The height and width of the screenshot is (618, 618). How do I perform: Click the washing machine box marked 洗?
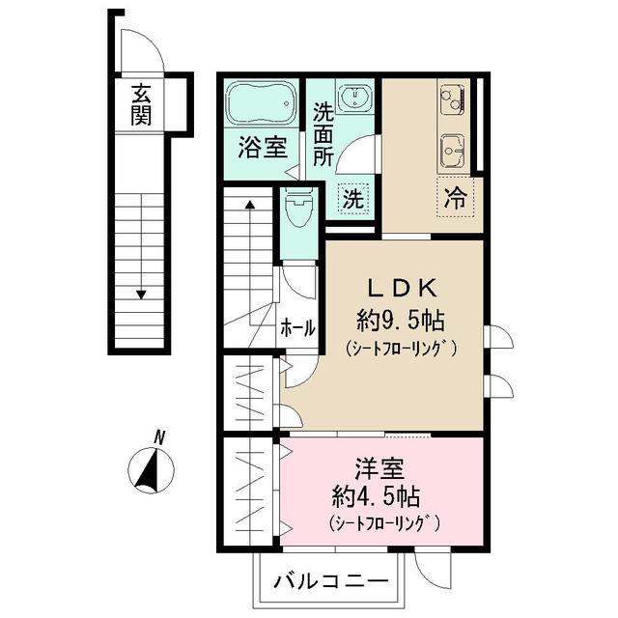[354, 200]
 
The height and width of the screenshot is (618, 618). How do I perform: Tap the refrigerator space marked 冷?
[454, 200]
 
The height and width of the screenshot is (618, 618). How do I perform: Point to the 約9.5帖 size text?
[399, 318]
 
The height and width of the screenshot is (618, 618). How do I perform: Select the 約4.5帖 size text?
[374, 498]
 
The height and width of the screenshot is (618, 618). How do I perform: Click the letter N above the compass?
[160, 437]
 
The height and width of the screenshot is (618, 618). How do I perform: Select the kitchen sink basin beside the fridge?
[451, 151]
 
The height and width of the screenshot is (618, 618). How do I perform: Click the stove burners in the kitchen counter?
[451, 98]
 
